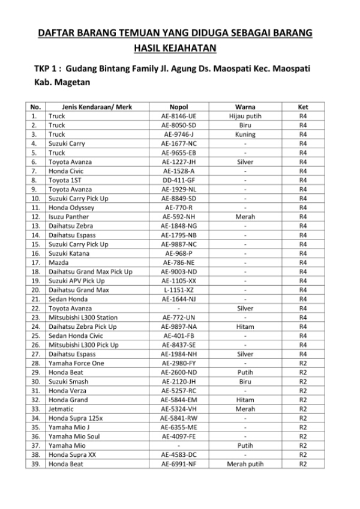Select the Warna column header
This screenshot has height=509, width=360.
pos(245,107)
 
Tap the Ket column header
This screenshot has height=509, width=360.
pos(303,107)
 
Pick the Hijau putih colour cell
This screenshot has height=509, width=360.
pos(245,116)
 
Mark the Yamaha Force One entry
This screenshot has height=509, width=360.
pos(76,363)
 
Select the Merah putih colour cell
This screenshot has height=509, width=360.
pos(245,464)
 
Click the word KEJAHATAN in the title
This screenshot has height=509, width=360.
pos(189,47)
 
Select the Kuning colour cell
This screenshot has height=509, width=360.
pos(245,134)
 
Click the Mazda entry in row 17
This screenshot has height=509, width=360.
pos(59,262)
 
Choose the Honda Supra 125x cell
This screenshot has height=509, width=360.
pos(76,418)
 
